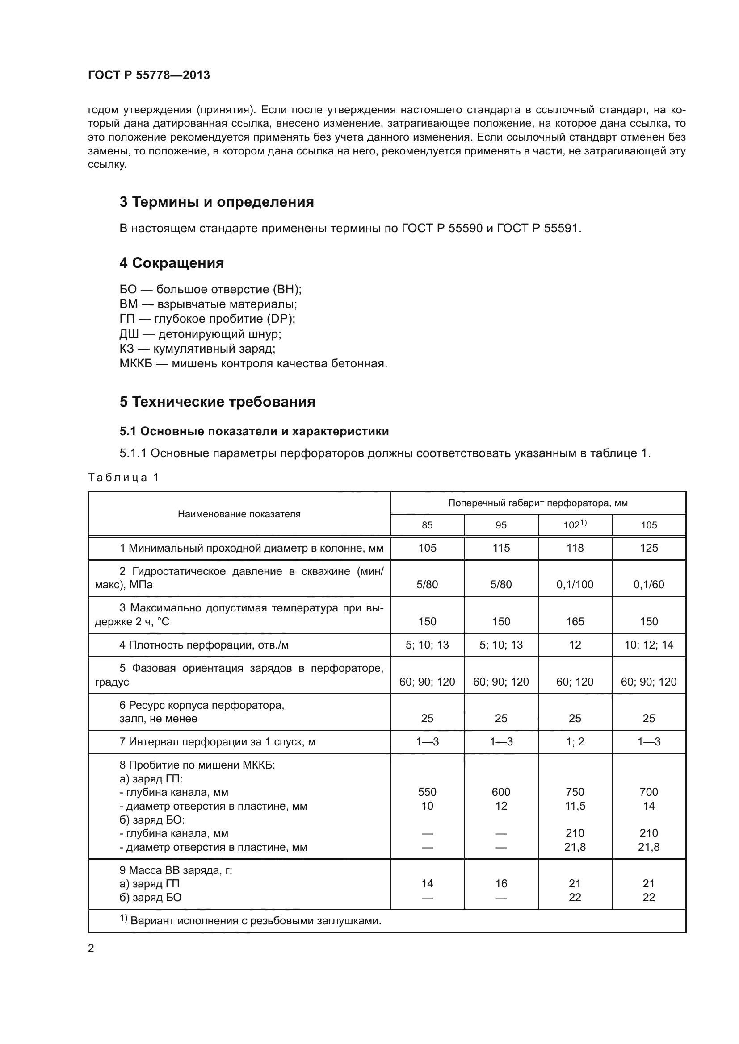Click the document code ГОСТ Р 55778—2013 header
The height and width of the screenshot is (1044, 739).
pyautogui.click(x=149, y=75)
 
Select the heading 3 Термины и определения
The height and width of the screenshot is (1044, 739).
pyautogui.click(x=217, y=202)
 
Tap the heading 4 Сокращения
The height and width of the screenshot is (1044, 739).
pyautogui.click(x=172, y=263)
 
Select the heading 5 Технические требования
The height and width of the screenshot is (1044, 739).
pyautogui.click(x=217, y=402)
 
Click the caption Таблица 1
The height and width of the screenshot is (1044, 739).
pyautogui.click(x=123, y=478)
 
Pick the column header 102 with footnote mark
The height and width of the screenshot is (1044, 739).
pyautogui.click(x=575, y=525)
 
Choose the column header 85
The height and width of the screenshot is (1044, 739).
pyautogui.click(x=427, y=525)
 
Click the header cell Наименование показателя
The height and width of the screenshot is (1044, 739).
pyautogui.click(x=239, y=514)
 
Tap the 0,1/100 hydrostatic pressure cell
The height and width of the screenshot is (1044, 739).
pyautogui.click(x=575, y=585)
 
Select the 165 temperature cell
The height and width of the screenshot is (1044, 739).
pyautogui.click(x=575, y=622)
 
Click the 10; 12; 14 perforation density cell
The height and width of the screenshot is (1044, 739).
pyautogui.click(x=648, y=645)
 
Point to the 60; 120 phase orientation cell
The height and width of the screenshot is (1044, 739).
pyautogui.click(x=575, y=682)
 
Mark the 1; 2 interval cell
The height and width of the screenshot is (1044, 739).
pyautogui.click(x=575, y=742)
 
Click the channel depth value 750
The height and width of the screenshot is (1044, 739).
pyautogui.click(x=575, y=792)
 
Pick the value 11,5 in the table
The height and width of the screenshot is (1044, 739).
pyautogui.click(x=575, y=806)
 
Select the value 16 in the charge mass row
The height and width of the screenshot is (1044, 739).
pyautogui.click(x=501, y=883)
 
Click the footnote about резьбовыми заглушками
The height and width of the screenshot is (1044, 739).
pyautogui.click(x=250, y=921)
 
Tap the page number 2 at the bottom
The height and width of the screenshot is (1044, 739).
pyautogui.click(x=91, y=948)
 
